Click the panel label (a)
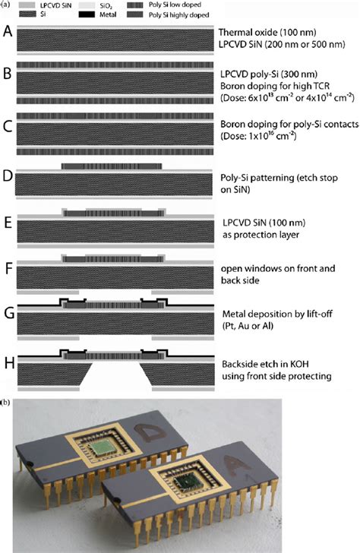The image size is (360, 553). [x=6, y=5]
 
